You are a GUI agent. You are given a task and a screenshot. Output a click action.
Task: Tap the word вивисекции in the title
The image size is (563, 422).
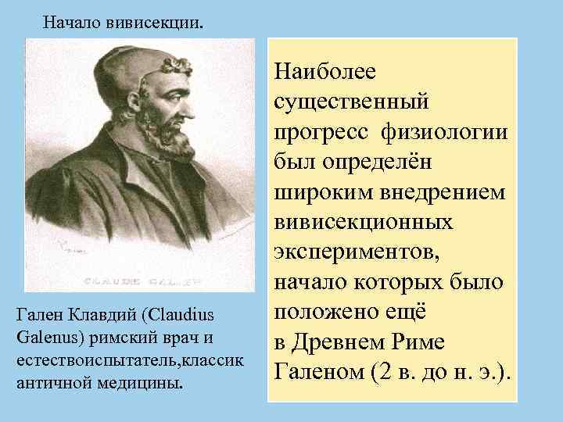click(156, 21)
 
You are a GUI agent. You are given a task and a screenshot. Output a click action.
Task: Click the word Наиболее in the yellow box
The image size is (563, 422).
click(325, 72)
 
